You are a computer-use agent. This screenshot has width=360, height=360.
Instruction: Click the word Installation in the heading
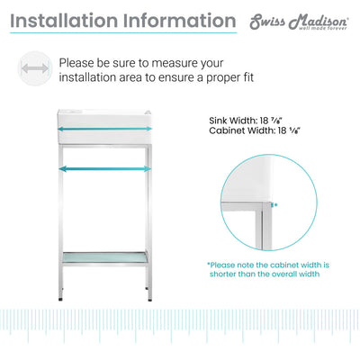[64, 21]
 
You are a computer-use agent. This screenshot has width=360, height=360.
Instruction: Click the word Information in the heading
[179, 21]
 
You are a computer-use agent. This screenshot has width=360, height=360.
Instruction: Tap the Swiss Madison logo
[299, 22]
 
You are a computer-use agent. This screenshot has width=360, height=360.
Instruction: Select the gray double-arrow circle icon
[35, 68]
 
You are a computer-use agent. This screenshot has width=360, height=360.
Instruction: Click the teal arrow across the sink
[104, 129]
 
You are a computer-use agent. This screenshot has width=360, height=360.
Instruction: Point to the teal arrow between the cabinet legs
[105, 169]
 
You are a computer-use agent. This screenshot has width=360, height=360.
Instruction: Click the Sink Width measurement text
[246, 121]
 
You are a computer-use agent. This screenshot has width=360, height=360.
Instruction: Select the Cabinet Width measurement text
[255, 130]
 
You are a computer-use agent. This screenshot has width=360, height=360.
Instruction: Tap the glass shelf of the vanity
[104, 257]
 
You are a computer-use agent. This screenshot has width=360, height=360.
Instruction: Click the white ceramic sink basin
[104, 127]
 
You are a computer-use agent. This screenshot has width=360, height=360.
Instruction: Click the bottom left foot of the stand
[60, 299]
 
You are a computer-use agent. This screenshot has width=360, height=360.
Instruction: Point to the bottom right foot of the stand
[149, 299]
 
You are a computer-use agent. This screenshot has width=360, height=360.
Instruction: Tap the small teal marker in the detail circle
[273, 205]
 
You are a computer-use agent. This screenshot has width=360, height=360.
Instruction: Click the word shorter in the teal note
[222, 274]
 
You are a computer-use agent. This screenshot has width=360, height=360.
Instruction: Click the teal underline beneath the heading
[123, 32]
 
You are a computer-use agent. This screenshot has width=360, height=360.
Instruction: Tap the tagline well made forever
[322, 28]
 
